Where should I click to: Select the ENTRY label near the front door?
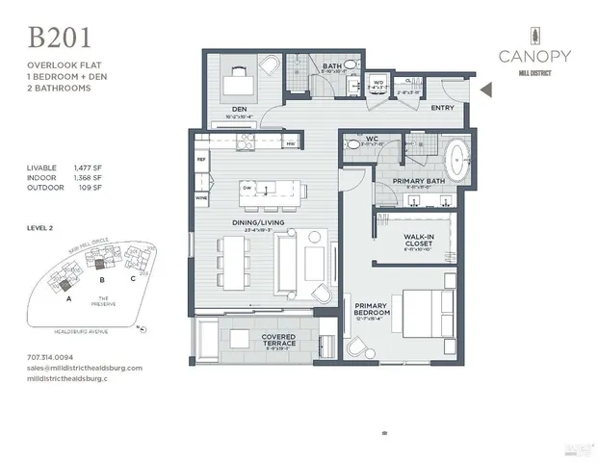(442, 109)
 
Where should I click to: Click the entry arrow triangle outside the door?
(485, 90)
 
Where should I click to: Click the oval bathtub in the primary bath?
(457, 156)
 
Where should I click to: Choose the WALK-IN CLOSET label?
(417, 240)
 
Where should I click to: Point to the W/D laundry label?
(377, 81)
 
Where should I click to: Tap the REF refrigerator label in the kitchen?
(201, 158)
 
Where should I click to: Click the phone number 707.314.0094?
(54, 358)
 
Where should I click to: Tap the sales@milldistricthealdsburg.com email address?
(85, 368)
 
